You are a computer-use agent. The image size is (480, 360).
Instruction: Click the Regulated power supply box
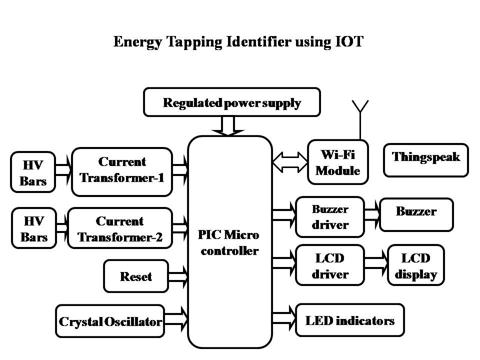coord(231,102)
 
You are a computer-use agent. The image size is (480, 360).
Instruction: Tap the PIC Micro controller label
coord(229,243)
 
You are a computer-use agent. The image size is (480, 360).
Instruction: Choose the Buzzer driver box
coord(330,217)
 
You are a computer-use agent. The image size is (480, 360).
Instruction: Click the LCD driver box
coord(330,266)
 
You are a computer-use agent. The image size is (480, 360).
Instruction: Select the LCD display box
coord(416,266)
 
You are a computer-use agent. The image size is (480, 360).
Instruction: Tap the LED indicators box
coord(350,320)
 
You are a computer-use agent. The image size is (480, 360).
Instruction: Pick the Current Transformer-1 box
coord(122,170)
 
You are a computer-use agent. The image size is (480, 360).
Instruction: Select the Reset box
coord(136,276)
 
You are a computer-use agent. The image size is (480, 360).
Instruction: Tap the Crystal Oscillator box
coord(110,321)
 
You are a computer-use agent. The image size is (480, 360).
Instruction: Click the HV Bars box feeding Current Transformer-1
coord(33,172)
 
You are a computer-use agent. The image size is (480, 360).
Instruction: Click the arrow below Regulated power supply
coord(228,125)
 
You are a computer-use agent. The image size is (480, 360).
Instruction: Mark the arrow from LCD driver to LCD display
coord(376,260)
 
